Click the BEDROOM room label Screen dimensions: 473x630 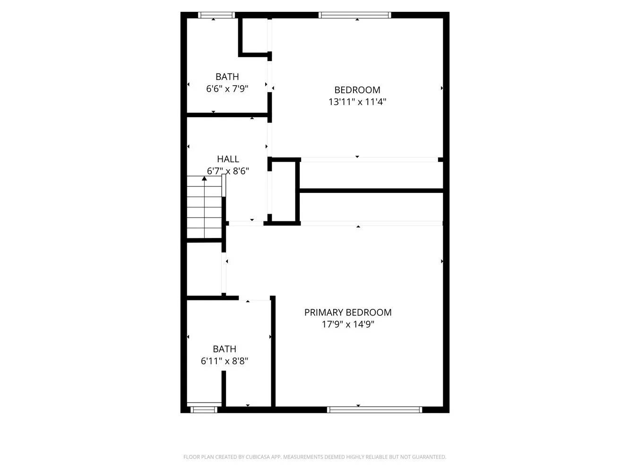coord(357,90)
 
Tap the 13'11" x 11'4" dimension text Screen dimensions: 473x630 coord(357,102)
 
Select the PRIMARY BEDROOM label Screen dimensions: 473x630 coord(347,312)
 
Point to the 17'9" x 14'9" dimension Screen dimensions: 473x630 coord(347,324)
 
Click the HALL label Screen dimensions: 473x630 coord(228,159)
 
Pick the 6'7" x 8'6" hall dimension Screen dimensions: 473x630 coord(228,171)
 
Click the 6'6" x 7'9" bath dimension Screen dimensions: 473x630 coord(227,88)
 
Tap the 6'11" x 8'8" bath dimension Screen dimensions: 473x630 coord(224,361)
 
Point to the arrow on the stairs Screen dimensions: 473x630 coord(204,179)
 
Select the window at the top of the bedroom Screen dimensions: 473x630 coord(355,15)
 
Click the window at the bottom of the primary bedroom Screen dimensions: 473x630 coord(374,410)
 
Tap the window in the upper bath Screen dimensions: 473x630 coord(216,15)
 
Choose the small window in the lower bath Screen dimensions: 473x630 coord(203,410)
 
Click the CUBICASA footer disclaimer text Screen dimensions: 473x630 coord(315,457)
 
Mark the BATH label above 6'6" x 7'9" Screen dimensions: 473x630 coord(227,77)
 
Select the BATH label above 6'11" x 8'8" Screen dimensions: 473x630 coord(224,349)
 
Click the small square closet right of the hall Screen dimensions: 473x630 coord(284,192)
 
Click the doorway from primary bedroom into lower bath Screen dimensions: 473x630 coord(254,298)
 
